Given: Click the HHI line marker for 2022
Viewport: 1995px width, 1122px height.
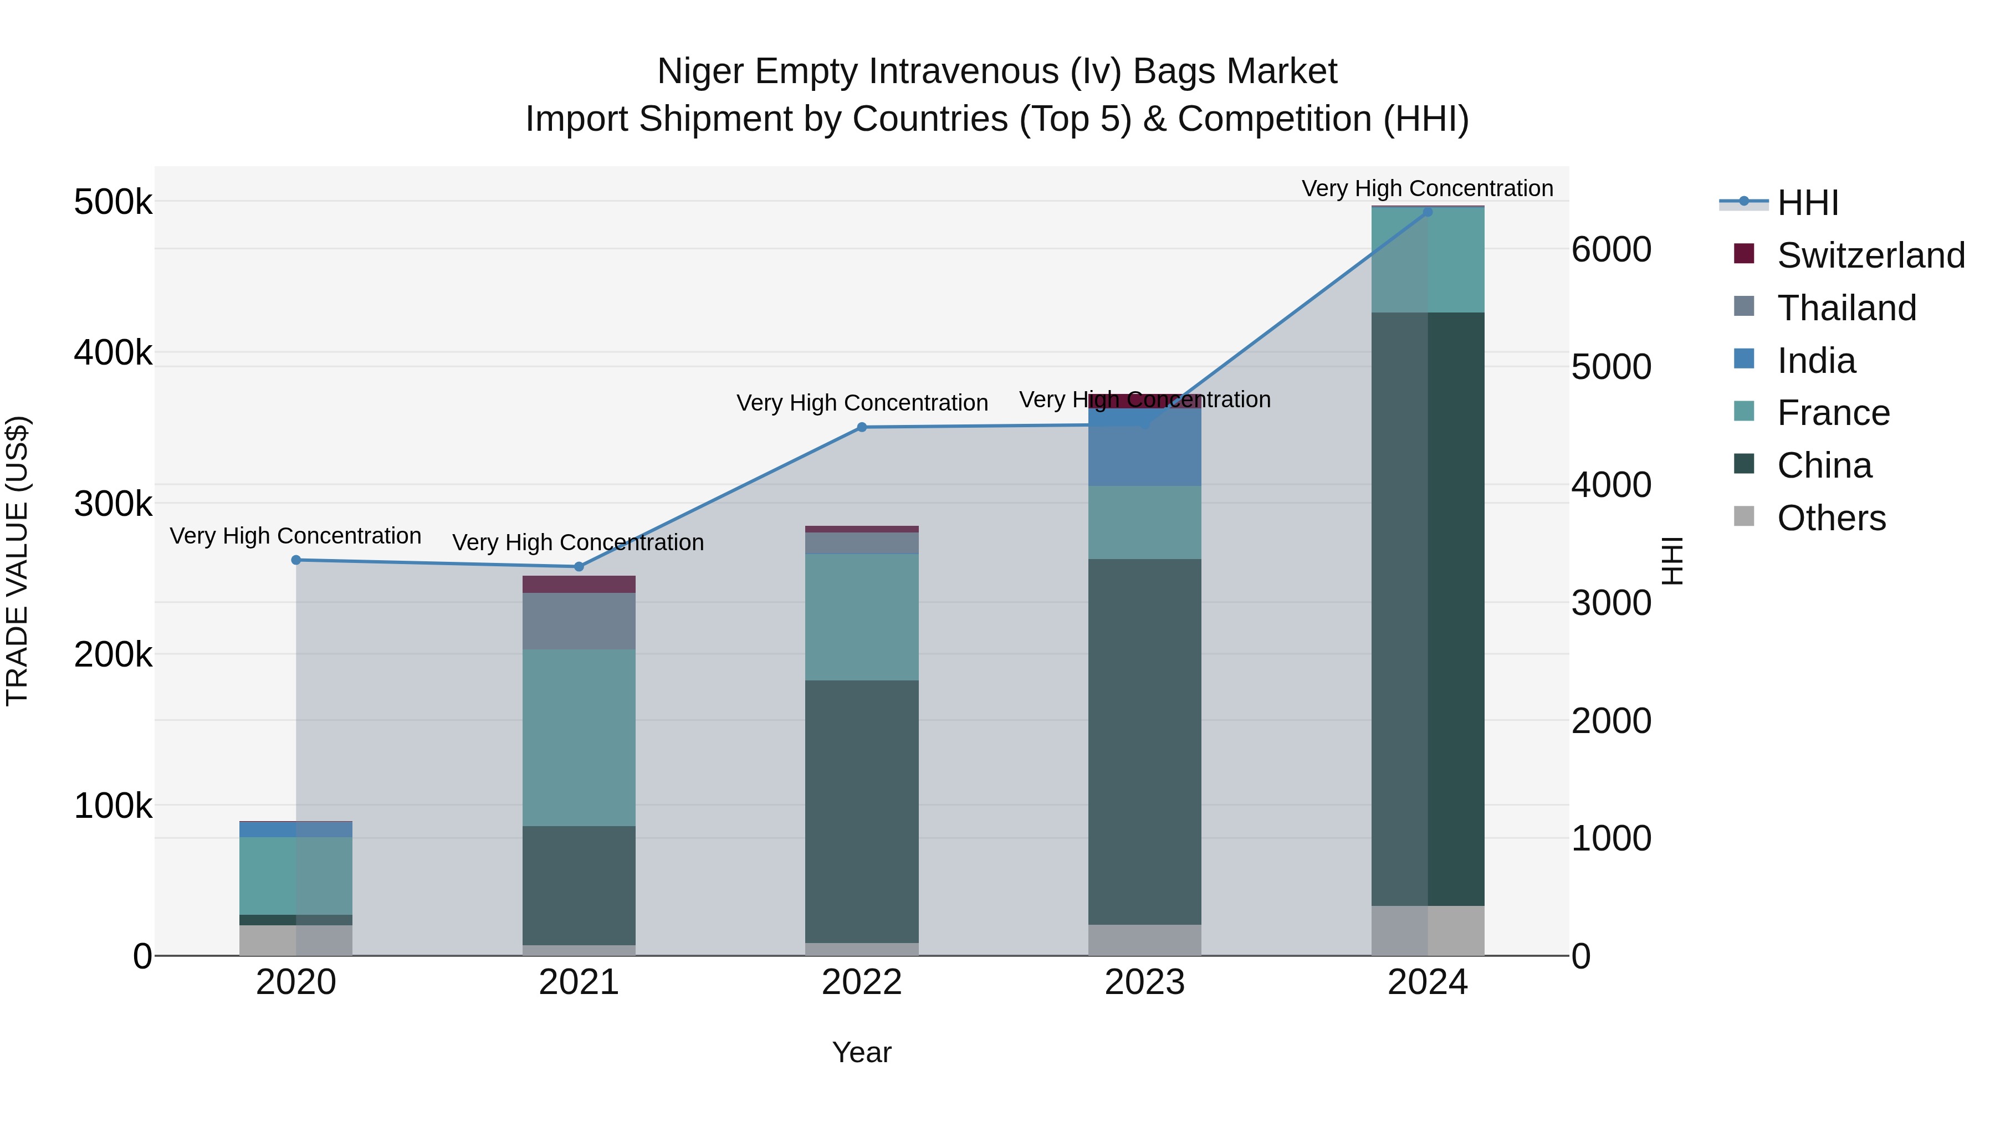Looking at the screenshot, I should [x=861, y=427].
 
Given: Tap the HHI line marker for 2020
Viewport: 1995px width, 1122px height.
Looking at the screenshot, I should [x=296, y=560].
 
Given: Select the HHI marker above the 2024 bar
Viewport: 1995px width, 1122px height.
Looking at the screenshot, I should [x=1428, y=212].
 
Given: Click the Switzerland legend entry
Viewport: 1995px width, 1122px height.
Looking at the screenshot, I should [x=1870, y=255].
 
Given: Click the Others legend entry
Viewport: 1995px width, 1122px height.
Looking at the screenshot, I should [x=1831, y=518].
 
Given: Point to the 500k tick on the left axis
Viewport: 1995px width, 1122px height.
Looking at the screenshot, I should [x=113, y=203].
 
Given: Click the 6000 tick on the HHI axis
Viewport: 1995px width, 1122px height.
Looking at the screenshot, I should [x=1611, y=250].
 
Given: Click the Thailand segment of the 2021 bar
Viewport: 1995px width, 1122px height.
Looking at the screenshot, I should [x=579, y=621].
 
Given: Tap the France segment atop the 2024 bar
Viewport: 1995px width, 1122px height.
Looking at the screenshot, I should [x=1428, y=260].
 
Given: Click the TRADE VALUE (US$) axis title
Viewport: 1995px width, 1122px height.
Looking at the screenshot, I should [x=17, y=561].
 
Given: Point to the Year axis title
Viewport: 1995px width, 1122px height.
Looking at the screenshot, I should [x=861, y=1053].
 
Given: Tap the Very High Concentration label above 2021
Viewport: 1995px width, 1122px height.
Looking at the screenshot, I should [x=578, y=543].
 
